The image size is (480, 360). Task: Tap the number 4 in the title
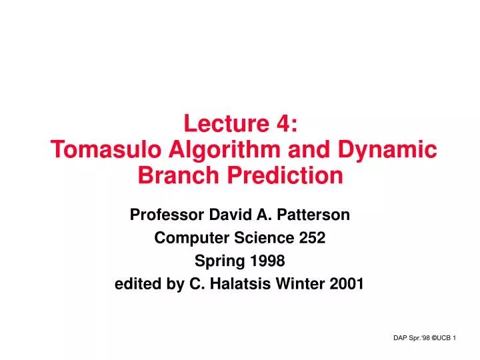click(285, 124)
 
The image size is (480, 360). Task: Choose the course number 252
click(311, 238)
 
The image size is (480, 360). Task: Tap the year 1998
click(271, 261)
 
